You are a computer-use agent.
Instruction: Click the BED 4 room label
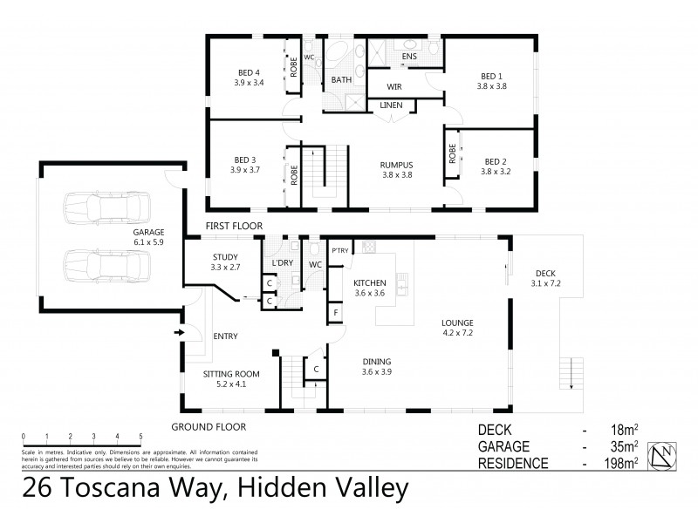248,72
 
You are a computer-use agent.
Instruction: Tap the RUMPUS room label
396,164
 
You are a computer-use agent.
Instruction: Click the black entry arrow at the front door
181,332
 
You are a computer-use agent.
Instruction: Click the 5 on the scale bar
140,436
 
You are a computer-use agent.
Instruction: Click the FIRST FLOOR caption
235,225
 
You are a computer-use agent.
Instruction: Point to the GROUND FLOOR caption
209,427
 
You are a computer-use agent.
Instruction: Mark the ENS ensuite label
409,57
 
